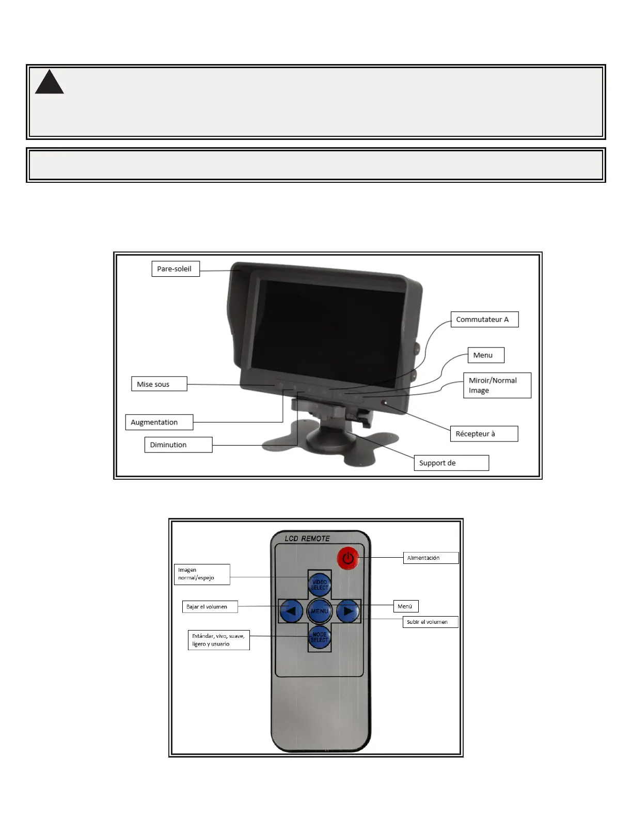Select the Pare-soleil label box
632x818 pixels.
click(175, 269)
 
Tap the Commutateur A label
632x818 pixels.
click(484, 319)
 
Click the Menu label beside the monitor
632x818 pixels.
click(485, 355)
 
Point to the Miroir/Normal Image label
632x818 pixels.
click(496, 385)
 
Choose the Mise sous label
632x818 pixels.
click(159, 384)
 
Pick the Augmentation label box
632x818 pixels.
click(159, 422)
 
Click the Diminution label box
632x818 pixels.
click(178, 445)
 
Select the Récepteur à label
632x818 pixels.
click(484, 434)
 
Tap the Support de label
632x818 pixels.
click(451, 463)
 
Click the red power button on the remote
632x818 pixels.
click(348, 558)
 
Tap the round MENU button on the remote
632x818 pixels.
click(320, 611)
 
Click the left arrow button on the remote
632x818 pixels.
click(291, 611)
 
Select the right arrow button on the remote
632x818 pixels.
click(348, 611)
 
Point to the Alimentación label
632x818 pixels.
click(431, 558)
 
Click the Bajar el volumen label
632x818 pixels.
click(210, 607)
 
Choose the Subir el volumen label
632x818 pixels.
click(430, 622)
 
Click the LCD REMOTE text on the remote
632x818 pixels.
click(307, 539)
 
